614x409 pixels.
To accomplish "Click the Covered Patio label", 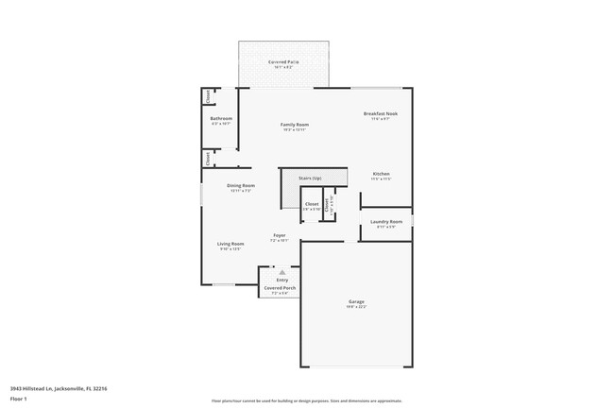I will pyautogui.click(x=283, y=61).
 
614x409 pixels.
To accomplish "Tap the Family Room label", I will pyautogui.click(x=294, y=125).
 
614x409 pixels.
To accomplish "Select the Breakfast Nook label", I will pyautogui.click(x=381, y=114).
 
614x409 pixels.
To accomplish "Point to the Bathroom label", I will pyautogui.click(x=221, y=119).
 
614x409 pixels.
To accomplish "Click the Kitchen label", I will pyautogui.click(x=381, y=174).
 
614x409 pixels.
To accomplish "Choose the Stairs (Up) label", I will pyautogui.click(x=310, y=178).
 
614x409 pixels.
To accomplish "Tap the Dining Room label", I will pyautogui.click(x=241, y=186).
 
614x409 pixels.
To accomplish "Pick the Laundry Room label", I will pyautogui.click(x=385, y=222).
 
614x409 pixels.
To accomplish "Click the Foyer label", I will pyautogui.click(x=280, y=235).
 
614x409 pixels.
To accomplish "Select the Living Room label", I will pyautogui.click(x=231, y=244).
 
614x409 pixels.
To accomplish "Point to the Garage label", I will pyautogui.click(x=356, y=301).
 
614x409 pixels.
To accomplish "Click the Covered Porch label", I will pyautogui.click(x=280, y=287).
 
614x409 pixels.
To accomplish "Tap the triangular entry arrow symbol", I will pyautogui.click(x=281, y=272).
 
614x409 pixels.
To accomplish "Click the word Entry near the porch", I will pyautogui.click(x=281, y=280).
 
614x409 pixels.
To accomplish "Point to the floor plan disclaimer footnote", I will pyautogui.click(x=306, y=400).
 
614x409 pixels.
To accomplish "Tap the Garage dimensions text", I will pyautogui.click(x=356, y=307).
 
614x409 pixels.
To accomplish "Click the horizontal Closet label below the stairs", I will pyautogui.click(x=312, y=204).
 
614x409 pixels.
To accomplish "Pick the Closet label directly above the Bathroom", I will pyautogui.click(x=208, y=95).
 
